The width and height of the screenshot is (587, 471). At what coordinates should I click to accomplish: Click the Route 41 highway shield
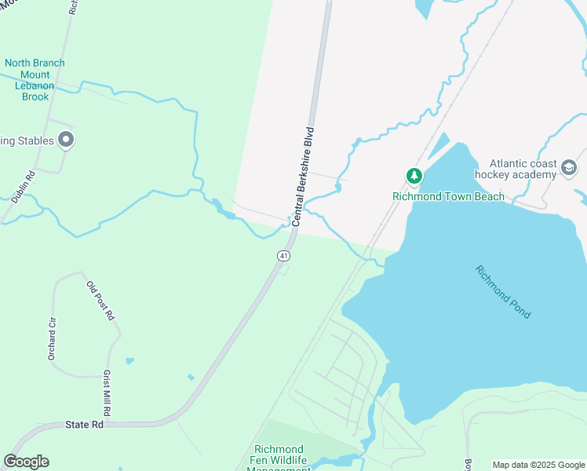(x=283, y=256)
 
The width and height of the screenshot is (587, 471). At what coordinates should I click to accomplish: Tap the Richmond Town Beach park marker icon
(x=414, y=177)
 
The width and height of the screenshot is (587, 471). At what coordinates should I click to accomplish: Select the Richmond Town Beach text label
(x=449, y=196)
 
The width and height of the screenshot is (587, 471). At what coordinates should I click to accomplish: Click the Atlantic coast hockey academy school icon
(x=569, y=168)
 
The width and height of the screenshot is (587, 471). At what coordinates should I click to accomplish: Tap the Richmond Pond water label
(x=503, y=291)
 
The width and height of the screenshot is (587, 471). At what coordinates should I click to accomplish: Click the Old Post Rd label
(x=101, y=300)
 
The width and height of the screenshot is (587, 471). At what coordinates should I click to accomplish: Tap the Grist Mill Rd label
(x=106, y=394)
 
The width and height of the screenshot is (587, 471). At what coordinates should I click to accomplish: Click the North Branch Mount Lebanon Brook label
(x=35, y=80)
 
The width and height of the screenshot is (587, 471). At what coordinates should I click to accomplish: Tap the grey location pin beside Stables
(x=67, y=141)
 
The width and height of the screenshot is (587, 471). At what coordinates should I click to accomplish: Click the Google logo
(x=26, y=462)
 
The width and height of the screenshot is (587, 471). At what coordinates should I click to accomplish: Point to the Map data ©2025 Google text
(x=538, y=465)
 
